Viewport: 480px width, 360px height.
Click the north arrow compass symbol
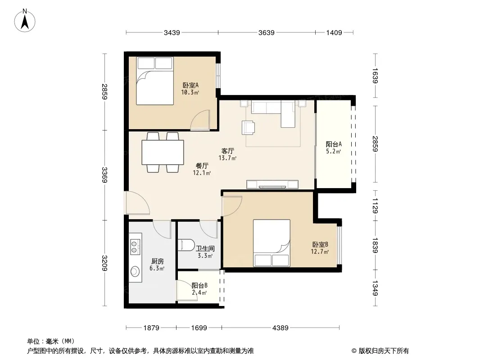25,21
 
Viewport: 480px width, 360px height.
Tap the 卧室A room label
191,85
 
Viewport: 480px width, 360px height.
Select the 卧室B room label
320,245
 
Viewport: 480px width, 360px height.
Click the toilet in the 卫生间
186,245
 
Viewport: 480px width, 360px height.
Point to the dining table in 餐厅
163,152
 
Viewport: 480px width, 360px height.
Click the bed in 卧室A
155,81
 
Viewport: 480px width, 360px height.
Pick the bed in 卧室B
272,243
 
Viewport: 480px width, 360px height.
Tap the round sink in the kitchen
135,271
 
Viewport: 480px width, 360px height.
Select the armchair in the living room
248,127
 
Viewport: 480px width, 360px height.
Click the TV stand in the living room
272,184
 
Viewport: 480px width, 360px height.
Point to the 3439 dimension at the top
172,32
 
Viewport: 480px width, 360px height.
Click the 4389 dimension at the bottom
281,328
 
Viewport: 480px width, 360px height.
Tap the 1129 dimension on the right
376,206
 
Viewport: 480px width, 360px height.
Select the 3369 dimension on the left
104,175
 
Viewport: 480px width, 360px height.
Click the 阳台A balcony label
334,144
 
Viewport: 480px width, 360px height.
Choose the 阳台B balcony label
199,286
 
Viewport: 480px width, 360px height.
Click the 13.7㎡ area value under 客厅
227,158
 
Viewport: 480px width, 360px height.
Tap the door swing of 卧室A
200,120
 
